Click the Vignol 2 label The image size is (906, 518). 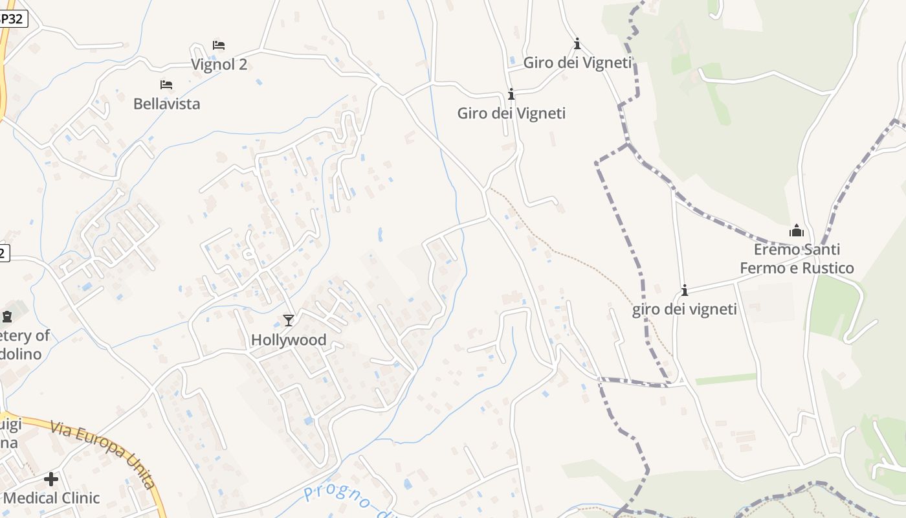point(219,65)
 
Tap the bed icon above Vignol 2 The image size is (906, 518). point(219,45)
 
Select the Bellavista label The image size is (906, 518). point(166,104)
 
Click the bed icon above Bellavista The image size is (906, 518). point(166,85)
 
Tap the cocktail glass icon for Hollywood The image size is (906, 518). point(289,320)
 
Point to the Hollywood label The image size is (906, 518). point(289,339)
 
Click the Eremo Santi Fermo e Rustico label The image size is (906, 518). point(797,259)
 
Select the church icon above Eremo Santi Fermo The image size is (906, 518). point(797,231)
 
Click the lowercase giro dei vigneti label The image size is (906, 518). point(685,310)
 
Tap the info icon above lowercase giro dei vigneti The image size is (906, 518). point(685,290)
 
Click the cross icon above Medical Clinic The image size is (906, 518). point(51,479)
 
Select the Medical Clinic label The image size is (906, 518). point(52,498)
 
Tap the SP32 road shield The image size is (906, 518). point(12,19)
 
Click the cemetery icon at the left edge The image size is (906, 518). point(7,317)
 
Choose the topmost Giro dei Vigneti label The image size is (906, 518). point(577,63)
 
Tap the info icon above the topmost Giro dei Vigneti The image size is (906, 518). point(577,44)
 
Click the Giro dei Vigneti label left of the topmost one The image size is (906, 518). point(511,113)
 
